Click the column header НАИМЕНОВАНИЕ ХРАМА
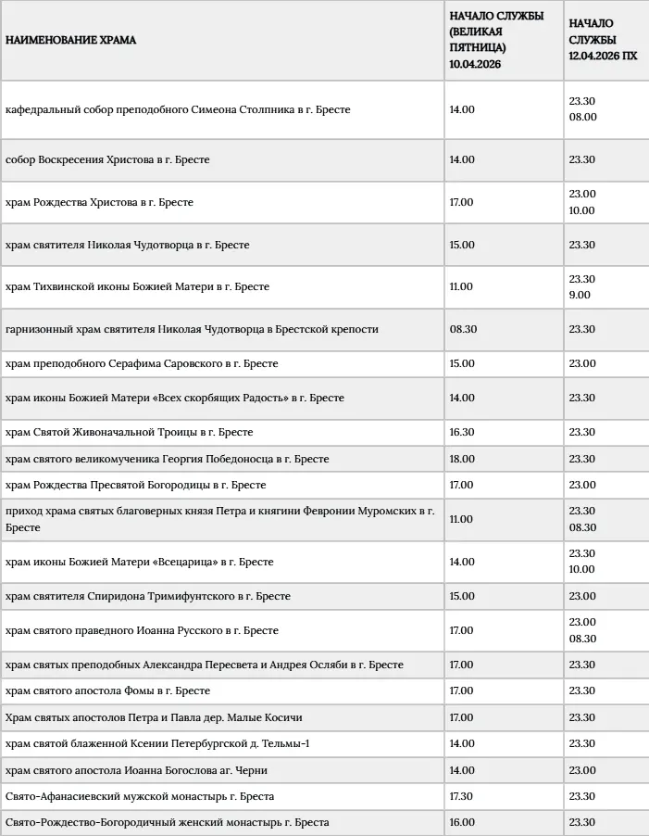point(70,41)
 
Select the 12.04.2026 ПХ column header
point(603,40)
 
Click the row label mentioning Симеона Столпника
point(178,109)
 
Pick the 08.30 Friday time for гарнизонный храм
point(464,329)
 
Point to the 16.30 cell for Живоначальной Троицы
point(462,432)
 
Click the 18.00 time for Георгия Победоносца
point(462,459)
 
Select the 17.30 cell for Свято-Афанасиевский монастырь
point(462,796)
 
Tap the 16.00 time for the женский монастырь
point(462,822)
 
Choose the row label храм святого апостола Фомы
point(107,690)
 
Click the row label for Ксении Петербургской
point(157,743)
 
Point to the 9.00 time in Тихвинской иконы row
point(580,296)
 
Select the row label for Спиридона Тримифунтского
point(148,596)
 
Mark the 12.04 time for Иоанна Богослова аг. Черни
point(582,770)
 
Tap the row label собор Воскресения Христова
point(107,159)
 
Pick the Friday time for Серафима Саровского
point(462,363)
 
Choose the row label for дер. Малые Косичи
point(154,717)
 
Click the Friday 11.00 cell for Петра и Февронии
point(462,519)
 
